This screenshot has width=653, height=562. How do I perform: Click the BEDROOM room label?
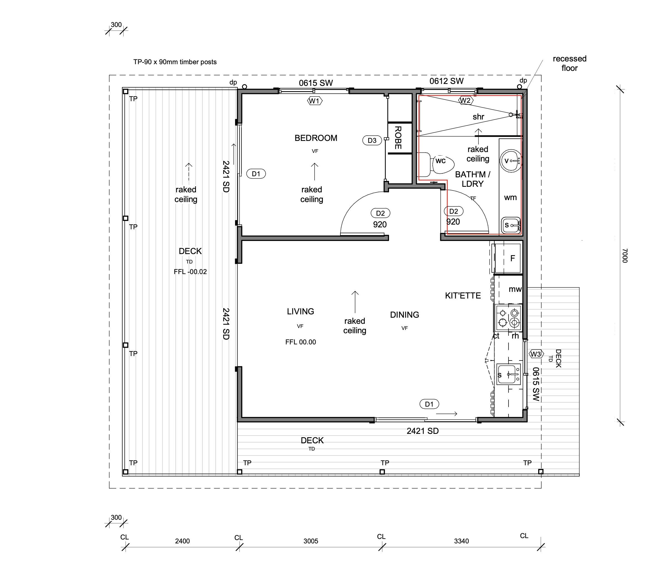pos(316,138)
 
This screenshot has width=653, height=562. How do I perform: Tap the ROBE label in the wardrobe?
pos(398,138)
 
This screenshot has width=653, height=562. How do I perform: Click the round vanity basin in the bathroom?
pos(510,161)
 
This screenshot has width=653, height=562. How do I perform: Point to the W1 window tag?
pos(315,101)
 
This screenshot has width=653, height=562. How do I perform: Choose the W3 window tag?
pos(536,354)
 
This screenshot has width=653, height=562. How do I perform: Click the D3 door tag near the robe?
pos(372,140)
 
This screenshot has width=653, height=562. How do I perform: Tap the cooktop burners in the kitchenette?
pos(508,318)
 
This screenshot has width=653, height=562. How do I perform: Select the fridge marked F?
pos(507,258)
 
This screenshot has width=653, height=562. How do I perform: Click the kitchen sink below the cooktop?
pos(508,374)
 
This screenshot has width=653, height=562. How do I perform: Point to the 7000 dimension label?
pos(625,256)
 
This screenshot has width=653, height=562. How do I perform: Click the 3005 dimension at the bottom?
pos(311,541)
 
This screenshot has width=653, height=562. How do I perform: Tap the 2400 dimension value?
pos(183,541)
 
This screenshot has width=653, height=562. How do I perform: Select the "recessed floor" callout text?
pos(569,63)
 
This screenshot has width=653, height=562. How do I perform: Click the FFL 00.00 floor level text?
pos(301,342)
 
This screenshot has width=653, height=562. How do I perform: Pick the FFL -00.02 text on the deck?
pos(190,272)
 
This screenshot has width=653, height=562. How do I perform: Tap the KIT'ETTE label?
pos(463,296)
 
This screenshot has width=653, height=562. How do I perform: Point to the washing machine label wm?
pos(510,198)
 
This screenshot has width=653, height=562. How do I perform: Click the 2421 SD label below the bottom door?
pos(423,431)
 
